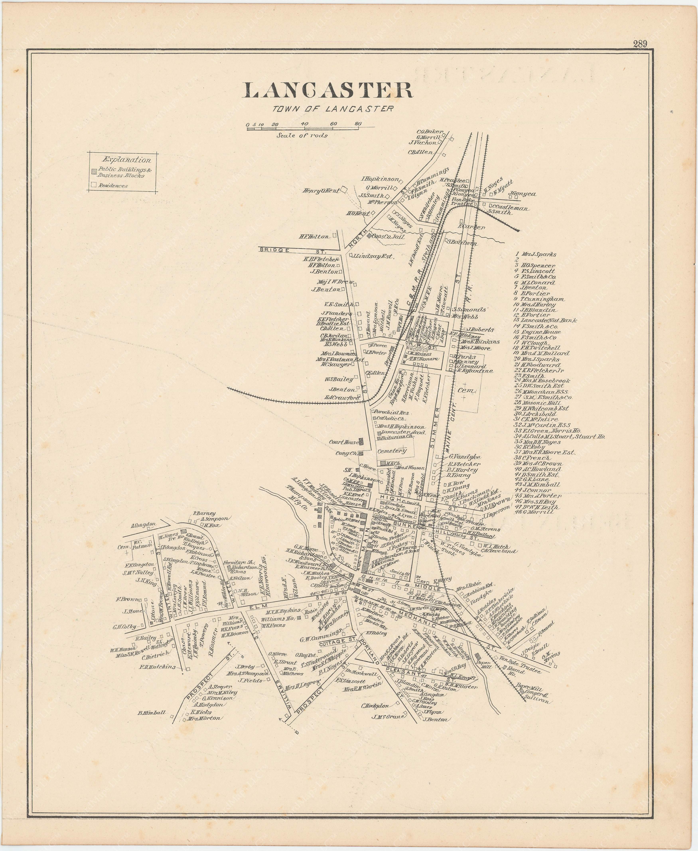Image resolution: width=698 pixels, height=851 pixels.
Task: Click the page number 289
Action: coord(639,44)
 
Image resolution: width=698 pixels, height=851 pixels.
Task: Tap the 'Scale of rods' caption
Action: coord(302,135)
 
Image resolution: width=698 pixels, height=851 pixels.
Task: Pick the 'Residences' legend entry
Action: coord(113,186)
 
